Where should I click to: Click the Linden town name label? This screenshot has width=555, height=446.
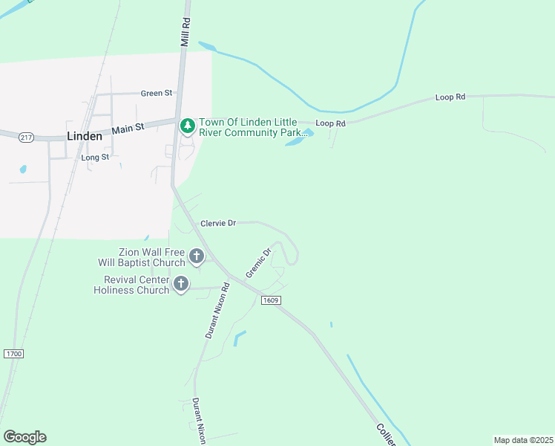click(x=84, y=137)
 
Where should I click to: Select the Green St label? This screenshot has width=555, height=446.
click(x=156, y=93)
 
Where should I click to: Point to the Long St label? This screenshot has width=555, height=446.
click(x=95, y=158)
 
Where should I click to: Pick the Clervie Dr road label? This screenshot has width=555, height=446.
click(x=218, y=222)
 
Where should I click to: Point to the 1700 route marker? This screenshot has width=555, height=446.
click(x=13, y=353)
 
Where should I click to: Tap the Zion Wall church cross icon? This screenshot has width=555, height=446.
click(x=197, y=257)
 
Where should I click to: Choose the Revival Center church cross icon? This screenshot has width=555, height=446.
click(x=180, y=284)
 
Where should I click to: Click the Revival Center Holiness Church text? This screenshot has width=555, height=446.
click(x=131, y=285)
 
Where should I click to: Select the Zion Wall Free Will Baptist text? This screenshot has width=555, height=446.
click(x=142, y=257)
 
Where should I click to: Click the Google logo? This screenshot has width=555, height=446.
click(x=24, y=436)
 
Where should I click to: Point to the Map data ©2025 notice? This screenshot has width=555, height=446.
click(x=523, y=440)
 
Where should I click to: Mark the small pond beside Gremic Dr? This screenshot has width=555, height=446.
click(x=239, y=338)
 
